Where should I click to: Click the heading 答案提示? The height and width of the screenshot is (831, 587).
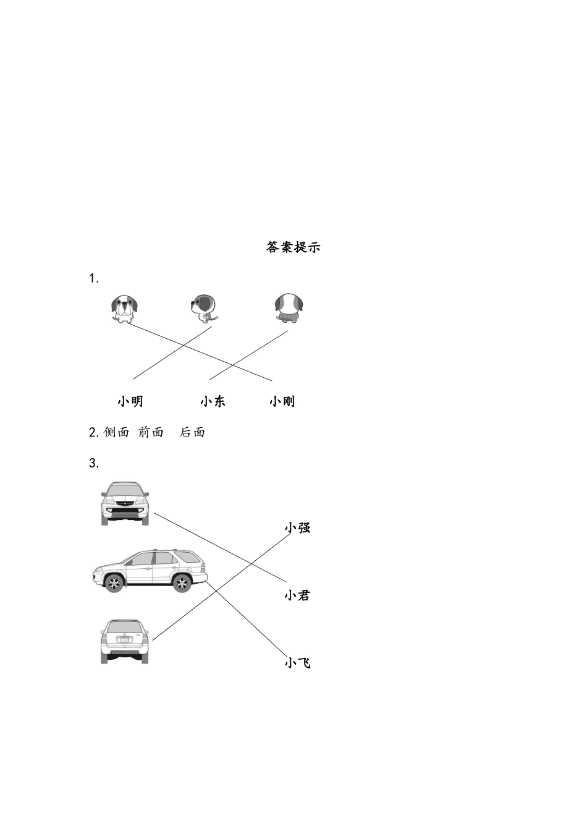293,247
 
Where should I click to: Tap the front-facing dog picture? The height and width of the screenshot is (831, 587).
125,308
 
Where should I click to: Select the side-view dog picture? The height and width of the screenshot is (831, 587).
204,308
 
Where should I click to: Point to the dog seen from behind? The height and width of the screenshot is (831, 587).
289,308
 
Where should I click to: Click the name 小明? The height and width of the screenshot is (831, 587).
130,401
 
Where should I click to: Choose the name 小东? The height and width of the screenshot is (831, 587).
213,401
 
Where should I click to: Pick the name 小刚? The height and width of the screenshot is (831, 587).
282,401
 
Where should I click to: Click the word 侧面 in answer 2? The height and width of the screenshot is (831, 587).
117,432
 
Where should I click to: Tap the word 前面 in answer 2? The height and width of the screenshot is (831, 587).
151,432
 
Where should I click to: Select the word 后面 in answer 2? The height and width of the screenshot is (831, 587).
192,432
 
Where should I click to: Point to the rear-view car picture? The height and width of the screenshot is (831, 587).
125,642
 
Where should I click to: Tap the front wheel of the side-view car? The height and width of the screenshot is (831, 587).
114,583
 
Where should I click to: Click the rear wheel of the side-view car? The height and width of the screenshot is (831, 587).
182,582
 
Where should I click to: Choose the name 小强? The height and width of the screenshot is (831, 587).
297,527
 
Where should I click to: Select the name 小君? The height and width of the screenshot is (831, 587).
297,595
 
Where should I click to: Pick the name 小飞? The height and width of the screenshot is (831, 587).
297,663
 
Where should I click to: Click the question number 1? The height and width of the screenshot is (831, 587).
94,279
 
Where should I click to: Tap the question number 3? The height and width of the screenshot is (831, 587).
94,463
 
